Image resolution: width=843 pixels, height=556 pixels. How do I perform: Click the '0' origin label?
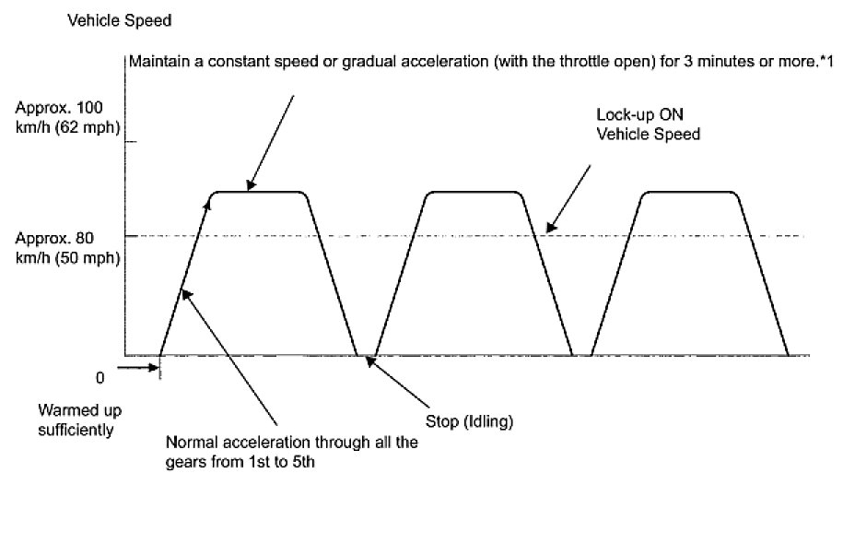click(100, 376)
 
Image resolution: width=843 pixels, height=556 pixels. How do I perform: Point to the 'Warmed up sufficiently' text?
click(80, 419)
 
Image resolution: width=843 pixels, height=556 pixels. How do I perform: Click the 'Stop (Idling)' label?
click(468, 422)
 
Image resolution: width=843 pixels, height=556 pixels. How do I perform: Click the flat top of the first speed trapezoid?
click(258, 192)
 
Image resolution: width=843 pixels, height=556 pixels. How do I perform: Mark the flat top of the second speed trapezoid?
click(474, 192)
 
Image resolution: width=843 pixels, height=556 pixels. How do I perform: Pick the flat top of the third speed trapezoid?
click(689, 192)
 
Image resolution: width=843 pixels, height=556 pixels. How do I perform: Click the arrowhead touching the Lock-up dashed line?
click(549, 229)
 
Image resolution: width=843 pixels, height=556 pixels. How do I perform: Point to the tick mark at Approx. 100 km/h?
click(130, 142)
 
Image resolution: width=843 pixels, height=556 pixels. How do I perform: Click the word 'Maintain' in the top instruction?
click(155, 63)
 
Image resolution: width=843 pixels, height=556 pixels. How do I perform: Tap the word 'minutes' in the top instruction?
click(720, 63)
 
